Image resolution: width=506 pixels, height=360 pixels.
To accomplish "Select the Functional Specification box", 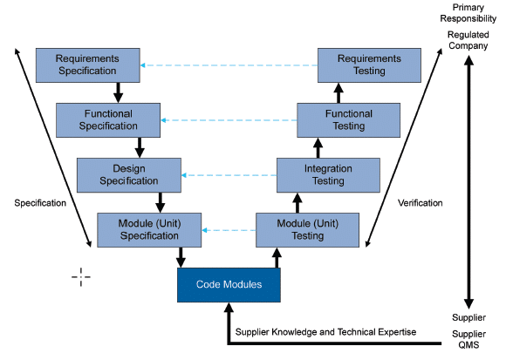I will coord(100,119).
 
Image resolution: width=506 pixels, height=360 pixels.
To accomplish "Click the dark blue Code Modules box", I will coord(230,284).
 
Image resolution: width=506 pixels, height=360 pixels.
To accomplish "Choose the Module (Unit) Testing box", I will coord(307,229).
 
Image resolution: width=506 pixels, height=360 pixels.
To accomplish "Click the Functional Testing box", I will coord(349,119).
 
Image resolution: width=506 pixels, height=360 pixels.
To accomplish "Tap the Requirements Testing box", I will coord(370,65).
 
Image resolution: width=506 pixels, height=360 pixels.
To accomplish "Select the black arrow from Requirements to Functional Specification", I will coord(119,92).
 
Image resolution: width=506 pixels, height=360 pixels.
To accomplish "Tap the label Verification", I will coord(420,203).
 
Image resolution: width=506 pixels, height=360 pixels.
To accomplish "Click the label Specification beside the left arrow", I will coord(40,203).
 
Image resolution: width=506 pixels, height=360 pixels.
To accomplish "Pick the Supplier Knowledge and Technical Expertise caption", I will coord(325,332).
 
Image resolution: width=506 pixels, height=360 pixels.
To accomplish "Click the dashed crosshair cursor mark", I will coord(81,277).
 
